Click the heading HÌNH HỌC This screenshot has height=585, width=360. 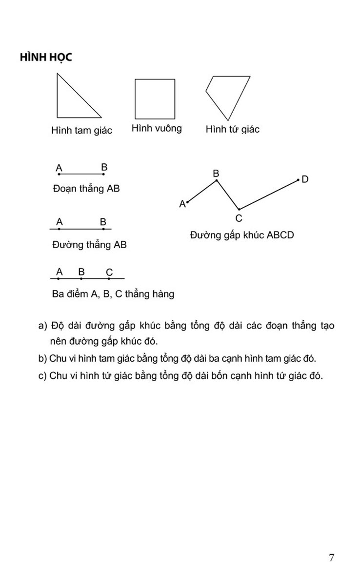(46, 57)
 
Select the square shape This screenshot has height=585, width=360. (155, 99)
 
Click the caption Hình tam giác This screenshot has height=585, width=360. (81, 130)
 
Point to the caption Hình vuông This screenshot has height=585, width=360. (157, 128)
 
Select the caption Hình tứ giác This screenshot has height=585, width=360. (233, 129)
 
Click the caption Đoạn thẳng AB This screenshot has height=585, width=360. (86, 189)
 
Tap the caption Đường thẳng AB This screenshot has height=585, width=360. (89, 245)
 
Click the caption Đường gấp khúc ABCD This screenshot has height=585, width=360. (242, 235)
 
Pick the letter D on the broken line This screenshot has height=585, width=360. (305, 179)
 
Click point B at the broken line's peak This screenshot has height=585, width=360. (217, 180)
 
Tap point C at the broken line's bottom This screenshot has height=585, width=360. (239, 209)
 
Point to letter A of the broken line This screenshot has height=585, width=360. (182, 204)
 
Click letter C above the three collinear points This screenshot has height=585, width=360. (109, 272)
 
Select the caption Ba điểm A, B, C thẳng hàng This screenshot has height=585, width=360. (113, 294)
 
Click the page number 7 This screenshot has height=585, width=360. (332, 558)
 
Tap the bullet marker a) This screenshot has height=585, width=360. (42, 326)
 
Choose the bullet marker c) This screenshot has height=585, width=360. (42, 376)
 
